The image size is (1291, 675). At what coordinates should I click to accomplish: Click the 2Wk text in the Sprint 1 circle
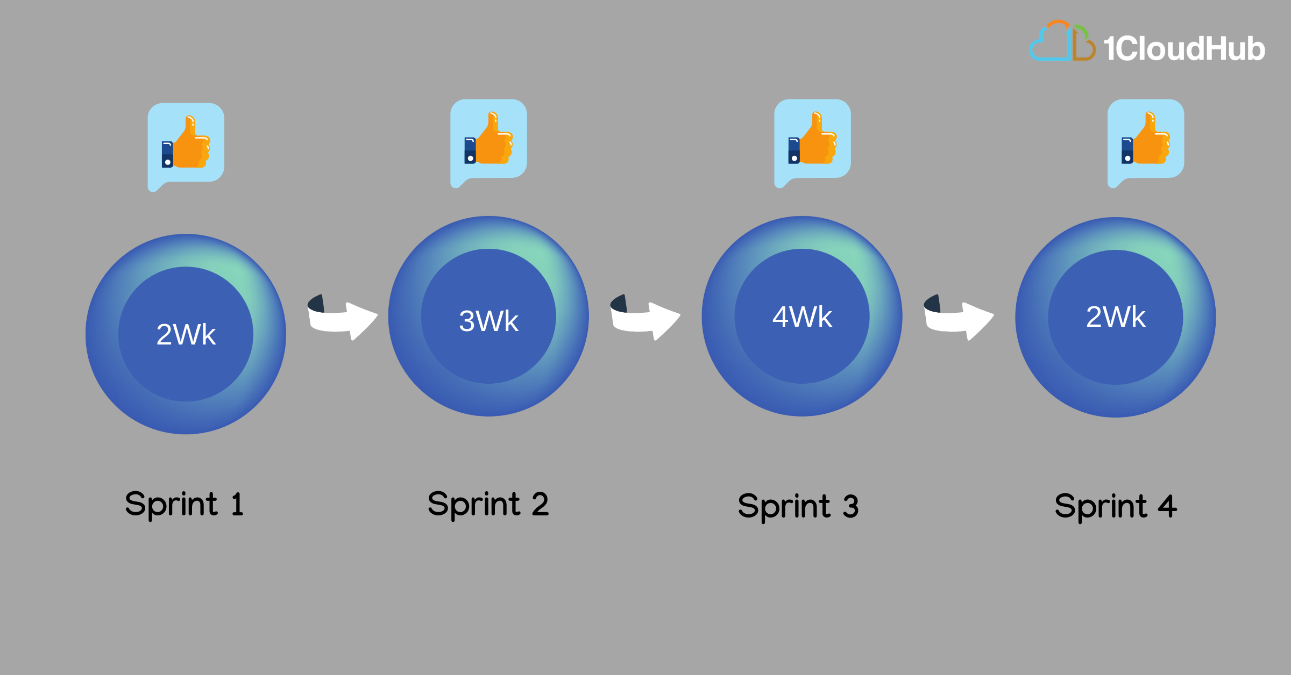pos(186,334)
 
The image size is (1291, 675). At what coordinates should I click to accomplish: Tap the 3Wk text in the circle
pos(488,321)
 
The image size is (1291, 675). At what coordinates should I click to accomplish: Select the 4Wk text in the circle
pos(802,317)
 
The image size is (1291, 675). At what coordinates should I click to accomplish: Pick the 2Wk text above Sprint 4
pos(1116,317)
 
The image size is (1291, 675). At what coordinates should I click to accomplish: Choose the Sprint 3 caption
pos(798,507)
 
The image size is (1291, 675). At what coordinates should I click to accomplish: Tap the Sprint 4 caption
pos(1116,507)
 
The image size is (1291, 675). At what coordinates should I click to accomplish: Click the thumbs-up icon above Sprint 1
pos(186,142)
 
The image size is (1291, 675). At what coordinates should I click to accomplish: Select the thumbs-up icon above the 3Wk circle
pos(488,138)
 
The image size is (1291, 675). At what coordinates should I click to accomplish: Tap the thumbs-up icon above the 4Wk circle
pos(812,138)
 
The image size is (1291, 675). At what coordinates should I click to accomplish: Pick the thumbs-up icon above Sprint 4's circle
pos(1146,138)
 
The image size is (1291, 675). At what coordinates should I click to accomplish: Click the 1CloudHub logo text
pos(1184,48)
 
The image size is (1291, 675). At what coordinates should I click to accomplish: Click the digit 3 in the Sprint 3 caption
pos(850,507)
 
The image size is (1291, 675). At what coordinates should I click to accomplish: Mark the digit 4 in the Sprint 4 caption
pos(1167,506)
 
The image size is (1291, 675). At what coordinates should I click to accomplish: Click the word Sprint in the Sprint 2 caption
pos(474,505)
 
